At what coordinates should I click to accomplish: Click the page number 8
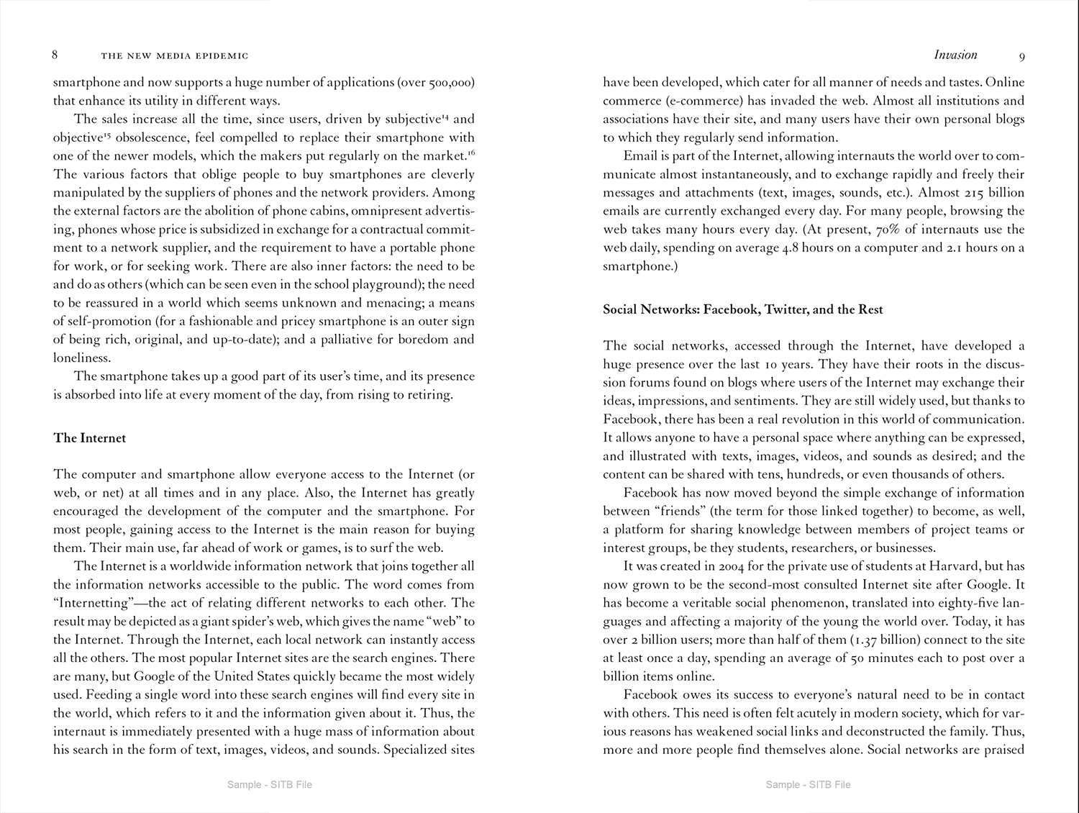[55, 55]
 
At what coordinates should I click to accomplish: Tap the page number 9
[1022, 56]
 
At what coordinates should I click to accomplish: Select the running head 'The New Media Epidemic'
[175, 55]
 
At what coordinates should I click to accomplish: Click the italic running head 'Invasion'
[955, 55]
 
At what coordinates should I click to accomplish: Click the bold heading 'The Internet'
[89, 438]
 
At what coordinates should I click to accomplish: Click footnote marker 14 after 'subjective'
[445, 116]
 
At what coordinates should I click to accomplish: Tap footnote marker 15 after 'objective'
[106, 135]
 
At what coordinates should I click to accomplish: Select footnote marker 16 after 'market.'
[471, 153]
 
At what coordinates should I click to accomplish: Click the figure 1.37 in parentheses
[870, 640]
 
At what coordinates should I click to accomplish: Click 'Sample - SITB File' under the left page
[269, 784]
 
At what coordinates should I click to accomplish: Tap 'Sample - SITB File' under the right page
[808, 784]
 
